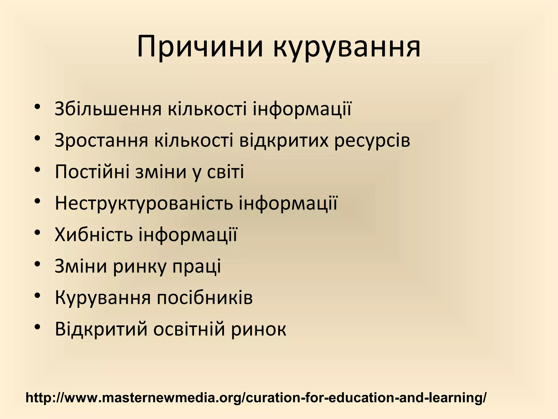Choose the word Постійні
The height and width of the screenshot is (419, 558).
pos(92,172)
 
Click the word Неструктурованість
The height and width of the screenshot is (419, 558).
pos(144,203)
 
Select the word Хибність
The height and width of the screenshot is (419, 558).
pos(94,235)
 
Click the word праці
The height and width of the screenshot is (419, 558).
pos(197,267)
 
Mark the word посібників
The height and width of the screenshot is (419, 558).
pos(205,298)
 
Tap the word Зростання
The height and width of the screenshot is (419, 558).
pos(101,140)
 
